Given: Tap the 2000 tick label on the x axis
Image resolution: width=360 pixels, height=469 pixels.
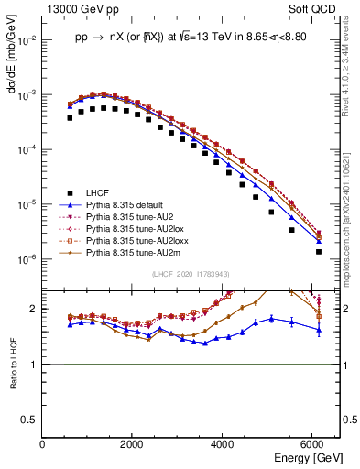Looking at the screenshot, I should (x=133, y=445).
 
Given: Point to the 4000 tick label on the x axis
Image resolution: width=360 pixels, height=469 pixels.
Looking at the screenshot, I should (x=224, y=445).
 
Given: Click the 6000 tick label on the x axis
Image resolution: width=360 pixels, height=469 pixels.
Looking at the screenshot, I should (x=313, y=445).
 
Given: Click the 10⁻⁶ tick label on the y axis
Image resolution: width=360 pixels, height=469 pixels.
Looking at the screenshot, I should (x=28, y=259).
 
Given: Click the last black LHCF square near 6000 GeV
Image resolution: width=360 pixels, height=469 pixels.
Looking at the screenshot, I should (x=319, y=251).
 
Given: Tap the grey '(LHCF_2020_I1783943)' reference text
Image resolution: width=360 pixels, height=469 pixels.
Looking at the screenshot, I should (x=191, y=273).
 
